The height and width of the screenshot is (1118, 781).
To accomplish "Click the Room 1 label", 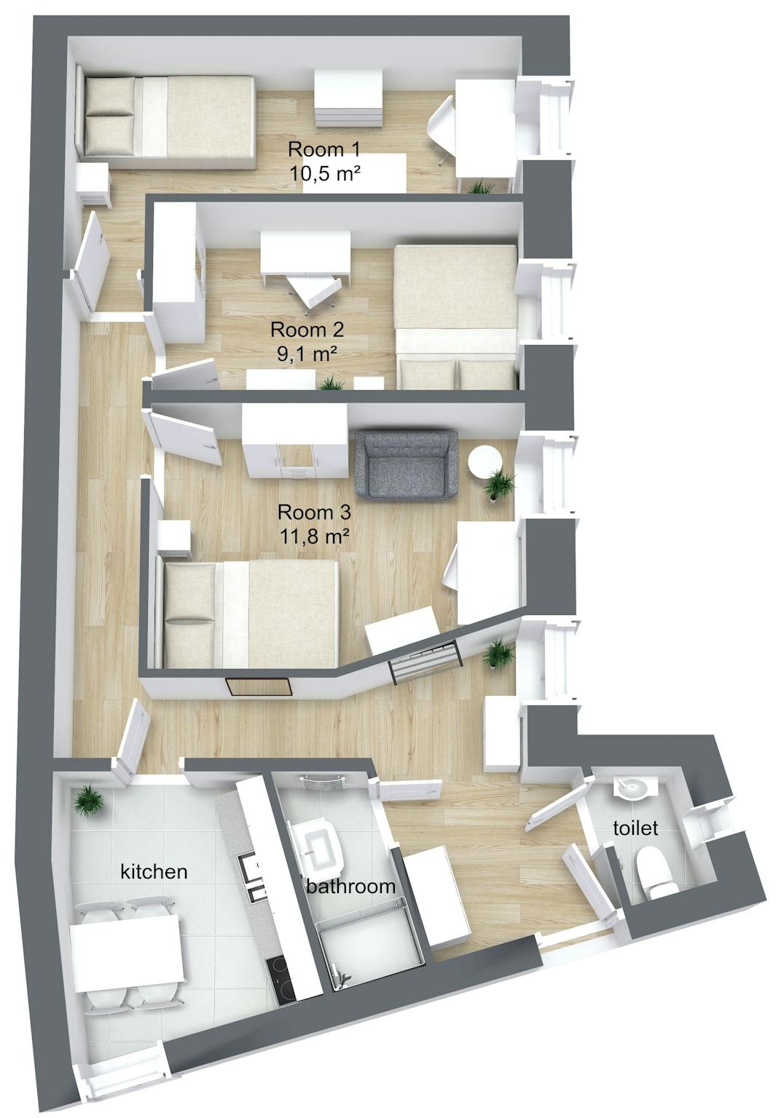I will [324, 150].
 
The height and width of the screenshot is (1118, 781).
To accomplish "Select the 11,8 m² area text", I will [314, 536].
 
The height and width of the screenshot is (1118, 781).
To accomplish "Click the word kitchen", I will [154, 871].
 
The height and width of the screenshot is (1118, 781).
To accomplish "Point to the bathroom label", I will [350, 886].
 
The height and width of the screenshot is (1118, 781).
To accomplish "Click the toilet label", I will [635, 828].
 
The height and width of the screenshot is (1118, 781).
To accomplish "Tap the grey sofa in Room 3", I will [406, 465].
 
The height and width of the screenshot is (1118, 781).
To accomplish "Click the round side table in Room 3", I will [484, 461].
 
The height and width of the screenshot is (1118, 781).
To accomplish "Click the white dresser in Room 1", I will [348, 98].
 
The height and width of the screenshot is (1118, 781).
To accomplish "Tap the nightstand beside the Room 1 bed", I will [93, 185].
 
